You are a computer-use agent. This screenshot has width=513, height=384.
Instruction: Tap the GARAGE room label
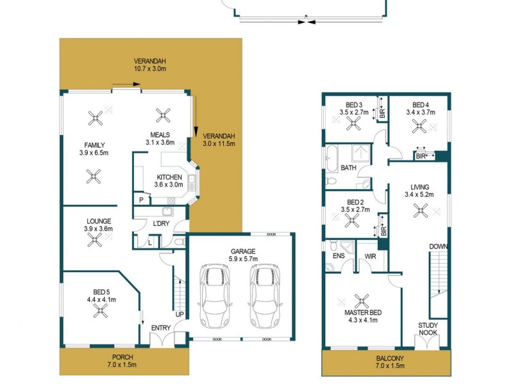pos(242,252)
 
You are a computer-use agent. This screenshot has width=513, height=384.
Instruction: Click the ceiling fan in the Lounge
pos(95,239)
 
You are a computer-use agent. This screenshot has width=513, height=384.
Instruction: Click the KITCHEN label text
pos(168,178)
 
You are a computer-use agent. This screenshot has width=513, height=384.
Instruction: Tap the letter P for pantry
pos(141,200)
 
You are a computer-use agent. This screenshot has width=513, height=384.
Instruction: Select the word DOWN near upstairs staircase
pos(439,246)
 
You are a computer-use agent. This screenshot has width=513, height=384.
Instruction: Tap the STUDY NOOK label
pos(428,329)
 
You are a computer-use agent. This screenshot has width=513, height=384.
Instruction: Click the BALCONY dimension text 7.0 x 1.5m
pos(386,367)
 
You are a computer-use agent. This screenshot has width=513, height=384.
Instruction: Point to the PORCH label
pos(122,357)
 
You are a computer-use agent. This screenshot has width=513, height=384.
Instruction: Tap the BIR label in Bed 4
pos(421,156)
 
